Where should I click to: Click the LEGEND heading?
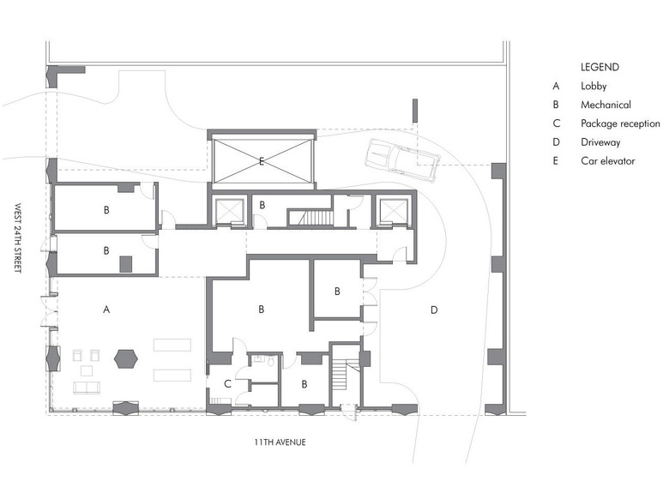[x=600, y=67]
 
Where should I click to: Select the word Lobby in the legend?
[x=594, y=86]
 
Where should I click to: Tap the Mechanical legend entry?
[x=606, y=105]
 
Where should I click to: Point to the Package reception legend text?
[x=620, y=123]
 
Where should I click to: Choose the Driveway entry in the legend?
[x=600, y=142]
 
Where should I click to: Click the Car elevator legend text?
[x=608, y=161]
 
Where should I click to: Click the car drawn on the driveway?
[x=402, y=160]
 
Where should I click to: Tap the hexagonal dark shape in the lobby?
[x=126, y=359]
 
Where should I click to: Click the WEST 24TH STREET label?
[x=17, y=238]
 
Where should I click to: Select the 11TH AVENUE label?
[x=280, y=442]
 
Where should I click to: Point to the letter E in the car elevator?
[x=262, y=161]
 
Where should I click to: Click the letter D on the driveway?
[x=434, y=310]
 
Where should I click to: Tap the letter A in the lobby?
[x=106, y=310]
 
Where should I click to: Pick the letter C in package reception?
[x=227, y=384]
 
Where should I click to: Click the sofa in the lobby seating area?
[x=87, y=388]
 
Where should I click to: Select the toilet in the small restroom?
[x=271, y=362]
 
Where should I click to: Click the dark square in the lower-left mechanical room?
[x=125, y=264]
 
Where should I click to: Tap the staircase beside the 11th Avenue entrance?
[x=341, y=374]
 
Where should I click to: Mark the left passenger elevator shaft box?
[x=229, y=211]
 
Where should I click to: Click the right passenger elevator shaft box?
[x=394, y=211]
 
